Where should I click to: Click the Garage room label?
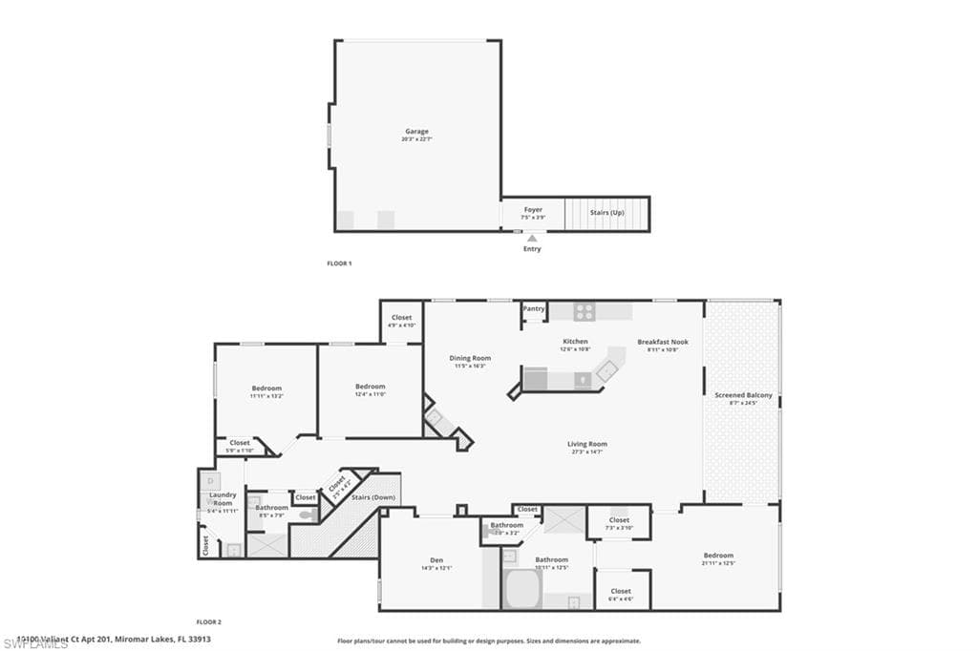416,132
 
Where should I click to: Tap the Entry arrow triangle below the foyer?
532,238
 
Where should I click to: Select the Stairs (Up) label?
607,212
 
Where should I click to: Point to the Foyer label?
533,209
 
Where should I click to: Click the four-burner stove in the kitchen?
585,311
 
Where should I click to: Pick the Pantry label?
534,308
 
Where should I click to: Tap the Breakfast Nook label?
663,342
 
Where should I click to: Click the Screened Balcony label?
744,395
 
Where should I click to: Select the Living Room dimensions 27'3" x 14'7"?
587,451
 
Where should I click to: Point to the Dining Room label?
470,358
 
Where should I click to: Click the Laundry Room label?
223,498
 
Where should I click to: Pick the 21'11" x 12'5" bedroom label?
719,562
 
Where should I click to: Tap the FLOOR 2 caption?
209,621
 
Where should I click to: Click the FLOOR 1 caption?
339,262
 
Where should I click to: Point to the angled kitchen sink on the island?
607,369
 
